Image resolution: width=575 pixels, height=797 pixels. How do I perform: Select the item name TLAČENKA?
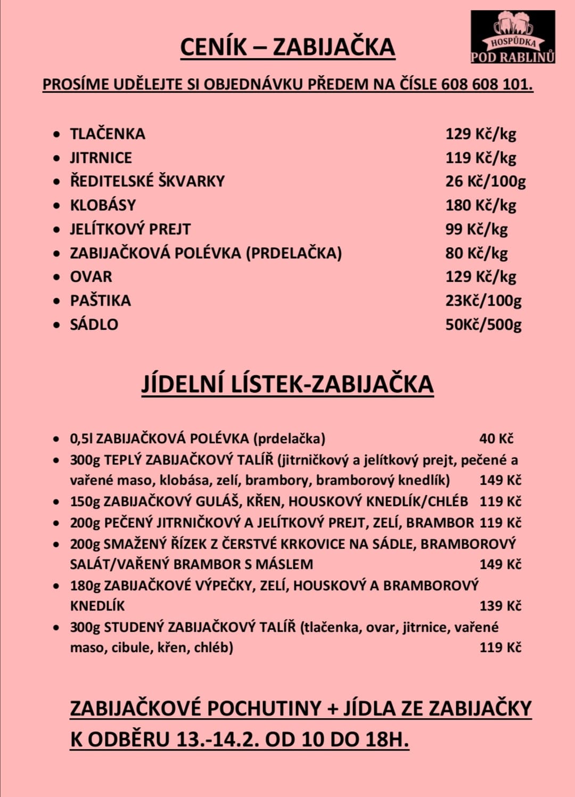pos(108,134)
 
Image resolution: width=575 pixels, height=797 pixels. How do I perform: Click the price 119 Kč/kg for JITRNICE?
pos(481,158)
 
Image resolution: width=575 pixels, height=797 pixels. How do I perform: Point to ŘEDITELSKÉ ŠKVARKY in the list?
pos(147,181)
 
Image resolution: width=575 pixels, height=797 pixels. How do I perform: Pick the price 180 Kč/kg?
pos(481,205)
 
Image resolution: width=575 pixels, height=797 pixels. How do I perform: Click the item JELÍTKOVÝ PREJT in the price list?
pos(130,229)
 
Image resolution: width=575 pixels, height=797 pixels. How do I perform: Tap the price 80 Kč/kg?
pos(477,253)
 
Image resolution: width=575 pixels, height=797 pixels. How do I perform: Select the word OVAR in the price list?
pos(92,276)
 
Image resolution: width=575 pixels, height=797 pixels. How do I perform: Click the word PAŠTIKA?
pos(101,300)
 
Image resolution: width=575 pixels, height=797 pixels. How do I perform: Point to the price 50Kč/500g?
pos(483,324)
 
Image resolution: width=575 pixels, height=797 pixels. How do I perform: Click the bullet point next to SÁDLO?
pos(56,324)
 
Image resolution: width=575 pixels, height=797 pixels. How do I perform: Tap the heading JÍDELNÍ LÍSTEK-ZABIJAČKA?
pos(287,384)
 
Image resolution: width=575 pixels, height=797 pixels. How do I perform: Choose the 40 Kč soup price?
pos(496,438)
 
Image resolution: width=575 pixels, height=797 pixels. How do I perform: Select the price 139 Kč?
pos(500,606)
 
